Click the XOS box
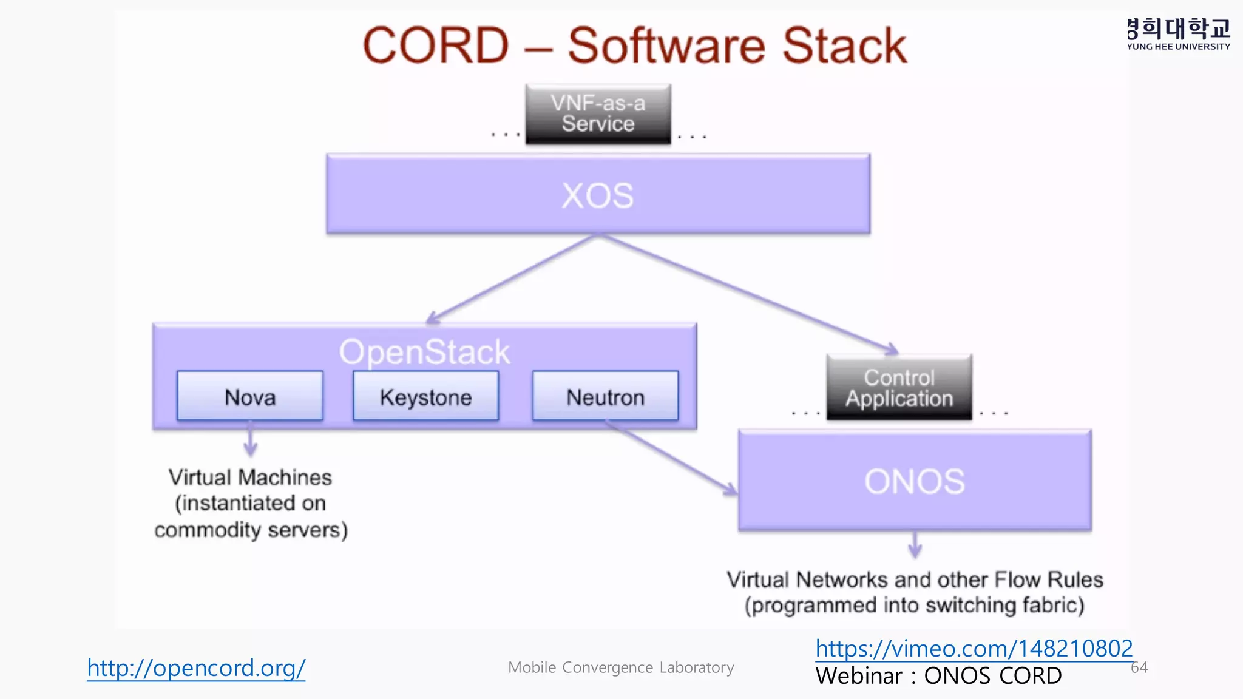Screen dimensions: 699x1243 pyautogui.click(x=598, y=194)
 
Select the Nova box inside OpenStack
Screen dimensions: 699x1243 pyautogui.click(x=250, y=396)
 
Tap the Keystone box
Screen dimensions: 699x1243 pyautogui.click(x=425, y=396)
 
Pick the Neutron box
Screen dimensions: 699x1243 pyautogui.click(x=605, y=396)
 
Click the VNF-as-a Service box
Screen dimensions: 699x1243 pyautogui.click(x=598, y=113)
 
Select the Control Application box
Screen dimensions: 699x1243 pyautogui.click(x=899, y=387)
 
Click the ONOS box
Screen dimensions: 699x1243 pyautogui.click(x=915, y=481)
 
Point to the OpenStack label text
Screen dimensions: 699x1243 pyautogui.click(x=424, y=352)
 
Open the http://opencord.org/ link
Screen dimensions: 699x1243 pyautogui.click(x=196, y=667)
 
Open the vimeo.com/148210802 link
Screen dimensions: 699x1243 pyautogui.click(x=974, y=648)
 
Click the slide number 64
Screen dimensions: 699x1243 pyautogui.click(x=1139, y=667)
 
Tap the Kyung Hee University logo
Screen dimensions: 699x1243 pyautogui.click(x=1178, y=34)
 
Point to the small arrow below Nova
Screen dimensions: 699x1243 pyautogui.click(x=250, y=442)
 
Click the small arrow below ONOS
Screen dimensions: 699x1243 pyautogui.click(x=915, y=544)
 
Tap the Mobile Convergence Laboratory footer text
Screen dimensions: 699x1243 pyautogui.click(x=621, y=667)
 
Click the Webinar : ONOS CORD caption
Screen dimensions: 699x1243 pyautogui.click(x=938, y=676)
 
